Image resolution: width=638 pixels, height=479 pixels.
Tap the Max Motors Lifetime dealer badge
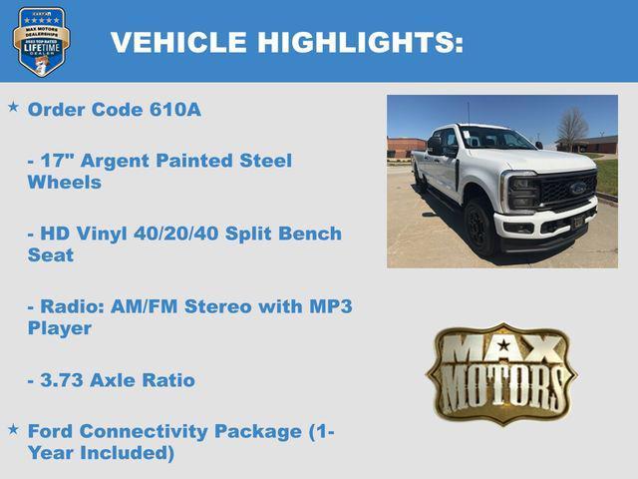(x=41, y=42)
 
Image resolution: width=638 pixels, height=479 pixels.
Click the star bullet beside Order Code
(x=13, y=106)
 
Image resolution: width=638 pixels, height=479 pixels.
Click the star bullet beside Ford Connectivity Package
(x=13, y=428)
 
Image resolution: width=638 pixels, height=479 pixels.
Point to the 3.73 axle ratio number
(x=62, y=380)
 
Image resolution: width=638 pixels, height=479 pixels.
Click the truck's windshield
(x=495, y=138)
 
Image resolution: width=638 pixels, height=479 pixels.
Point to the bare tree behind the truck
(x=571, y=127)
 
